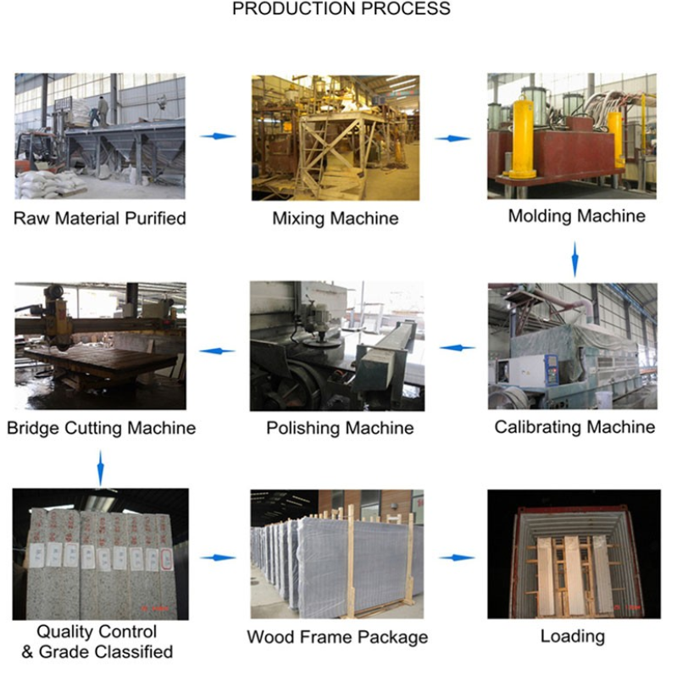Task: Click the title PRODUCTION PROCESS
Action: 341,9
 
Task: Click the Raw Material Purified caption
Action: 99,219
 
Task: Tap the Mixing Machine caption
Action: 335,219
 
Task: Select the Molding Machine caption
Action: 576,216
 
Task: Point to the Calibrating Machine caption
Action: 574,426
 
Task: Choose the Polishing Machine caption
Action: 340,428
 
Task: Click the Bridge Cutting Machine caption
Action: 101,428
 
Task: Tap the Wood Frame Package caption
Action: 337,637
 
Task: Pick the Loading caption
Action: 573,635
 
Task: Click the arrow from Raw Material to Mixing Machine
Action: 218,136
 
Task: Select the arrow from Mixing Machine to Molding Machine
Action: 452,137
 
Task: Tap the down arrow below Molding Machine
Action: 575,259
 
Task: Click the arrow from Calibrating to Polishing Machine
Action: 457,347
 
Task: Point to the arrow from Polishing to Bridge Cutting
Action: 216,350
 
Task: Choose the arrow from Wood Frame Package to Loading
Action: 457,557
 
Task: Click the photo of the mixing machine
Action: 336,137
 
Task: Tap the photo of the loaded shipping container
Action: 573,555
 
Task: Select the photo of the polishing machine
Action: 336,346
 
